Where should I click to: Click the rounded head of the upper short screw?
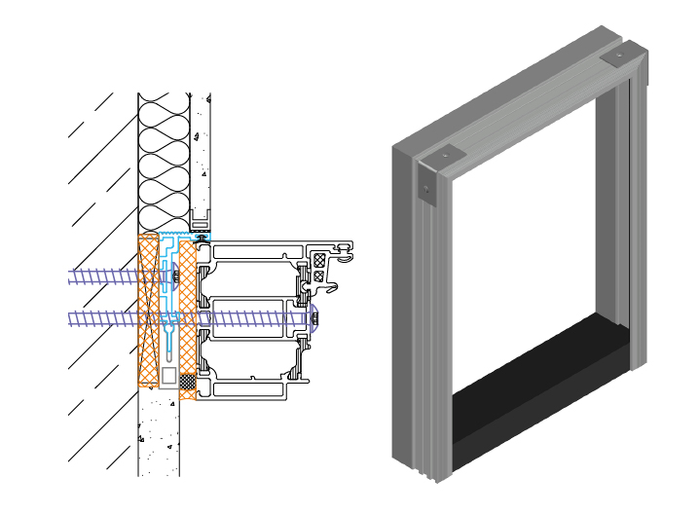(x=174, y=277)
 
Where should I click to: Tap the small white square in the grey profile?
(x=169, y=375)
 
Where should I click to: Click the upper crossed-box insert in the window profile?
(x=319, y=260)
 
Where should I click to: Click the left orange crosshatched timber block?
(x=148, y=312)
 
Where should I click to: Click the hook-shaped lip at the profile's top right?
(x=344, y=255)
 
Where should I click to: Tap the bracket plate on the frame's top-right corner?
(x=617, y=58)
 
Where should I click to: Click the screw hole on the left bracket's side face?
(x=425, y=189)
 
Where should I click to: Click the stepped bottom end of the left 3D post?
(x=428, y=472)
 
